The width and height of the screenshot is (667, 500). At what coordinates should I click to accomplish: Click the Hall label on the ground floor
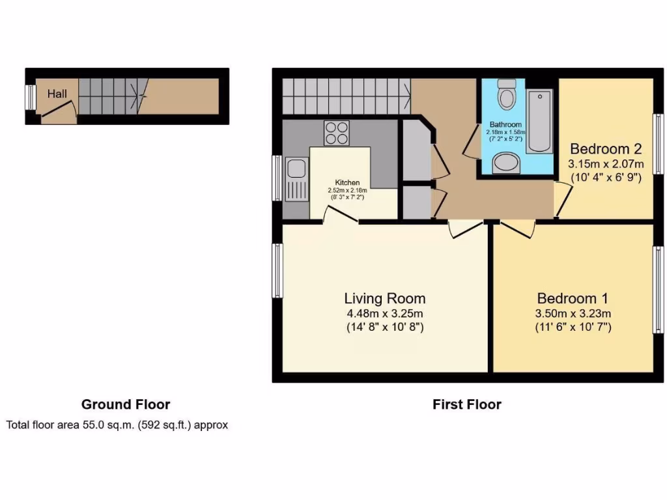(57, 94)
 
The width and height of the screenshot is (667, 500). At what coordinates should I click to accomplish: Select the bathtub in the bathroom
(539, 121)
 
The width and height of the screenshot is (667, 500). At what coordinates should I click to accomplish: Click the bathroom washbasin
(506, 163)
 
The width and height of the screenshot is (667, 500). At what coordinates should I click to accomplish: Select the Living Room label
(384, 299)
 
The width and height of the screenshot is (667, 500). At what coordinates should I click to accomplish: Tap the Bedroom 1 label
(572, 299)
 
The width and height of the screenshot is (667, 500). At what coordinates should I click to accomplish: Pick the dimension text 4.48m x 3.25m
(384, 314)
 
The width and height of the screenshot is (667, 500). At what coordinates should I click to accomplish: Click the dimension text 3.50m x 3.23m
(573, 314)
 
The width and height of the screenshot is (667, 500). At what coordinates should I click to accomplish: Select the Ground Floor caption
(126, 404)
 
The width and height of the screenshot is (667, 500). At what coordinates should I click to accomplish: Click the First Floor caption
(466, 404)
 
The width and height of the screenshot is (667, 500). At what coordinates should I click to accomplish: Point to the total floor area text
(117, 425)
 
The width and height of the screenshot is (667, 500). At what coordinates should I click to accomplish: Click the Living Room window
(277, 271)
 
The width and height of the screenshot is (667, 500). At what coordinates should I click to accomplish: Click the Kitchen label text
(347, 182)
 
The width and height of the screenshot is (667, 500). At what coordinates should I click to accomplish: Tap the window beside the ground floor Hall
(29, 98)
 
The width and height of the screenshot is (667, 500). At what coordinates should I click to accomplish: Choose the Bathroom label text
(505, 124)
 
